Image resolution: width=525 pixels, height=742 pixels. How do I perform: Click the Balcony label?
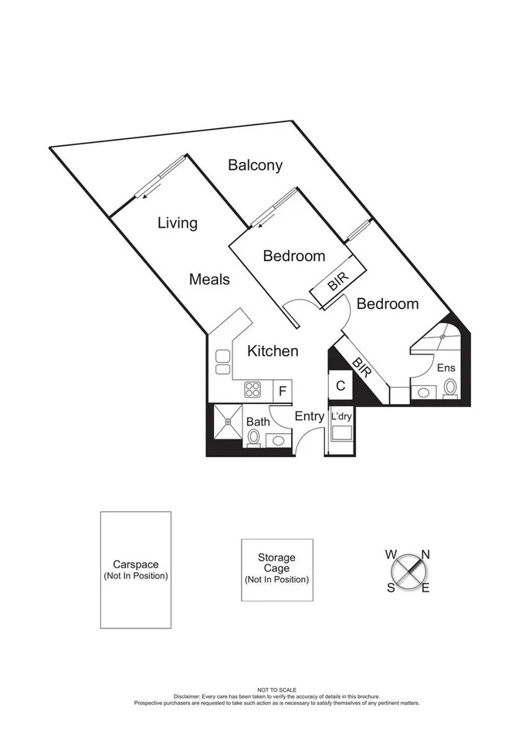[x=255, y=164]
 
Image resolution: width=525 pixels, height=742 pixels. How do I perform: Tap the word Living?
[x=178, y=223]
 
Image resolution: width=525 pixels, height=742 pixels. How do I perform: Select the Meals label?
[x=209, y=279]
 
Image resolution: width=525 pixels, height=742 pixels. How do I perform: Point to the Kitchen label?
[x=273, y=351]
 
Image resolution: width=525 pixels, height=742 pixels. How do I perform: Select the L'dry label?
[x=340, y=416]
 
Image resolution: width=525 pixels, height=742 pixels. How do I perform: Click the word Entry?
[x=310, y=417]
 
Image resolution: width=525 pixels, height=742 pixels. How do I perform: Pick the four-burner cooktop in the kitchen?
[x=252, y=390]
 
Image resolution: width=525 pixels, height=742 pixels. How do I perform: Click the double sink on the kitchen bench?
[x=222, y=362]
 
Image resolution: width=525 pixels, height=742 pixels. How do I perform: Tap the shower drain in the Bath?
[x=228, y=422]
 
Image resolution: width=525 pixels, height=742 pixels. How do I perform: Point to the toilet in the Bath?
[x=252, y=438]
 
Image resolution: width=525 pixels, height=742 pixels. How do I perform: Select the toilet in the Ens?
[x=450, y=388]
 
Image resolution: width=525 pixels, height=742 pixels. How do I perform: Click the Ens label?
[x=446, y=368]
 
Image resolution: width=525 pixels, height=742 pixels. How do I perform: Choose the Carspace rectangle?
[x=135, y=569]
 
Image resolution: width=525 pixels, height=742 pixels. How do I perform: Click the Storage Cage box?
[x=276, y=569]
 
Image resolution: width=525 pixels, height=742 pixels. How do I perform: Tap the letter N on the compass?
[x=425, y=554]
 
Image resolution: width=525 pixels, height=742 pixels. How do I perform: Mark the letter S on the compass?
[x=391, y=588]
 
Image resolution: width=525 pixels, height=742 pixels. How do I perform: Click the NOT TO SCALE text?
[x=276, y=689]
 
